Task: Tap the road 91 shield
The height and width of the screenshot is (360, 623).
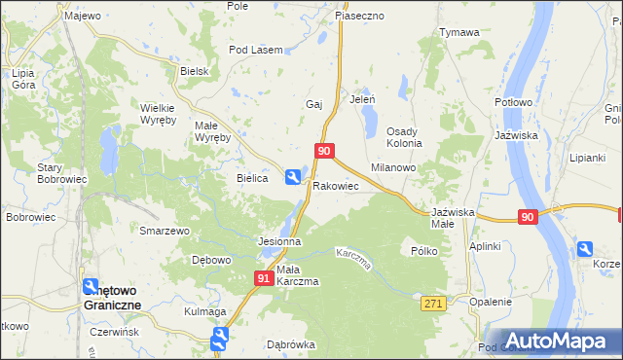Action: tap(264, 278)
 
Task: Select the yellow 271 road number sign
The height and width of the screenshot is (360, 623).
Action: tap(433, 305)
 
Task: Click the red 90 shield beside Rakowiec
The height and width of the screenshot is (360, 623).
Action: tap(325, 151)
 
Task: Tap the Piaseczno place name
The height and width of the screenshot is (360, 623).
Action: tap(359, 16)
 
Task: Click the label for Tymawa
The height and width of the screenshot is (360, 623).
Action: tap(459, 32)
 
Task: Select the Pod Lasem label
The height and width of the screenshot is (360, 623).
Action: tap(255, 50)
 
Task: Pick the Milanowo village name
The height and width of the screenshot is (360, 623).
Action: tap(393, 167)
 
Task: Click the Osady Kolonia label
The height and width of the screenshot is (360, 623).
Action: tap(404, 137)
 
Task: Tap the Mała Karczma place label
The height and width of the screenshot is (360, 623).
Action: tap(297, 275)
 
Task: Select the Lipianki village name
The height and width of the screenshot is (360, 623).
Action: tap(588, 157)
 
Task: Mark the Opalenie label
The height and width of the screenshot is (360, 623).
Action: tap(490, 302)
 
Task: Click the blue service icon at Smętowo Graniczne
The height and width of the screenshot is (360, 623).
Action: tap(91, 286)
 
